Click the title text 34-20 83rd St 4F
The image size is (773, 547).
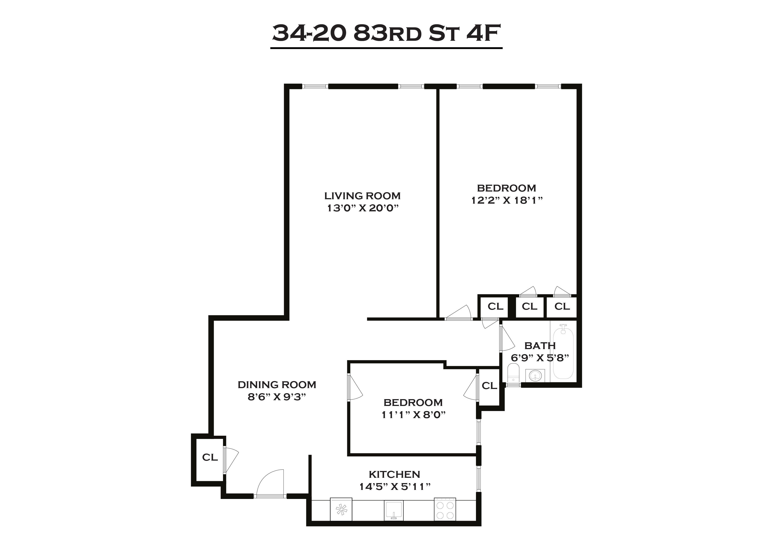click(386, 33)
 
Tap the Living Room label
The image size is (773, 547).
click(362, 196)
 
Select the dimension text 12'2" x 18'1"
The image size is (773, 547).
click(507, 200)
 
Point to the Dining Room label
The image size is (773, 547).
click(277, 385)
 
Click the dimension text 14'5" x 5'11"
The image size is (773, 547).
click(395, 487)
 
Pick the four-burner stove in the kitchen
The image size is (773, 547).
click(445, 509)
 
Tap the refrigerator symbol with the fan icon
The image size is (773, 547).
click(341, 509)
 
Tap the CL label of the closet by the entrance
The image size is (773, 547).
click(210, 457)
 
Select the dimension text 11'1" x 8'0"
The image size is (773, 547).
click(413, 415)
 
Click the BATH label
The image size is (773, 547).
click(540, 346)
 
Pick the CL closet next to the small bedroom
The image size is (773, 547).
click(489, 386)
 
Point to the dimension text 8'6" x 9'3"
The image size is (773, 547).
click(277, 397)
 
